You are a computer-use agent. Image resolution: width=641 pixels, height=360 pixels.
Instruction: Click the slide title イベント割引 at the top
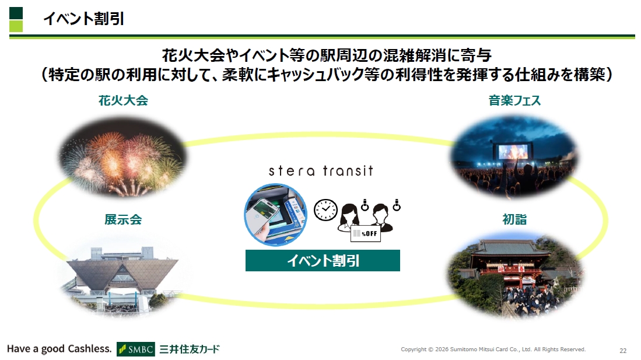tap(83, 19)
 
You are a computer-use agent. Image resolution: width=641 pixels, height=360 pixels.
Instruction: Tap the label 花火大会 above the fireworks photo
tap(123, 100)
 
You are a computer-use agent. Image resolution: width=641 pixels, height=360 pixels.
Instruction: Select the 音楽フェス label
tap(514, 100)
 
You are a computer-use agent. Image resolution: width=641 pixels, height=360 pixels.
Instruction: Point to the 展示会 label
tap(123, 220)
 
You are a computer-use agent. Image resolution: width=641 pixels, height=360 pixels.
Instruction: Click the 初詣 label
tap(514, 220)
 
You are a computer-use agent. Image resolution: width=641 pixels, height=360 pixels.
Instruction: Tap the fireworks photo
tap(122, 158)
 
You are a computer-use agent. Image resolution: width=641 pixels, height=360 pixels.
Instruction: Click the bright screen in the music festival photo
tap(513, 151)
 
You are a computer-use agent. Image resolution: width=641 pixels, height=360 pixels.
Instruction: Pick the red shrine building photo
tap(514, 275)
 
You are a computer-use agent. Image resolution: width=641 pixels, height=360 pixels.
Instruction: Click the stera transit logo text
tap(321, 170)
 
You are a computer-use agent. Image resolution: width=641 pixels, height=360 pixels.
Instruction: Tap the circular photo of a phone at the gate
tap(275, 214)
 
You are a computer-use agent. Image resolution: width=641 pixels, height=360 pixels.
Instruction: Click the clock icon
tap(325, 210)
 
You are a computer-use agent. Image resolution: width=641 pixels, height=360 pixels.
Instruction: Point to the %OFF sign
tap(366, 233)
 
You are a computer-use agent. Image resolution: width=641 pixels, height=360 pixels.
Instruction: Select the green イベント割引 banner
tap(323, 261)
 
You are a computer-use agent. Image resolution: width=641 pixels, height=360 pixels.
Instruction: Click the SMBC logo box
tap(136, 349)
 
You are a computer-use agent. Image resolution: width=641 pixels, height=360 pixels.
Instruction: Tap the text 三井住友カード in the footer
tap(190, 349)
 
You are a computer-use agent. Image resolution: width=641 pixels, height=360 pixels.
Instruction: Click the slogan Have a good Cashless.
tap(59, 349)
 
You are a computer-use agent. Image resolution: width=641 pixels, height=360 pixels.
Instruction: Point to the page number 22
tap(623, 351)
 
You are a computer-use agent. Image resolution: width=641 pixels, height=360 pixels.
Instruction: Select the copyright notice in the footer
tap(493, 349)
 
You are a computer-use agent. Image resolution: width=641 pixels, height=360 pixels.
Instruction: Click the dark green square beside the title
tap(16, 13)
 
